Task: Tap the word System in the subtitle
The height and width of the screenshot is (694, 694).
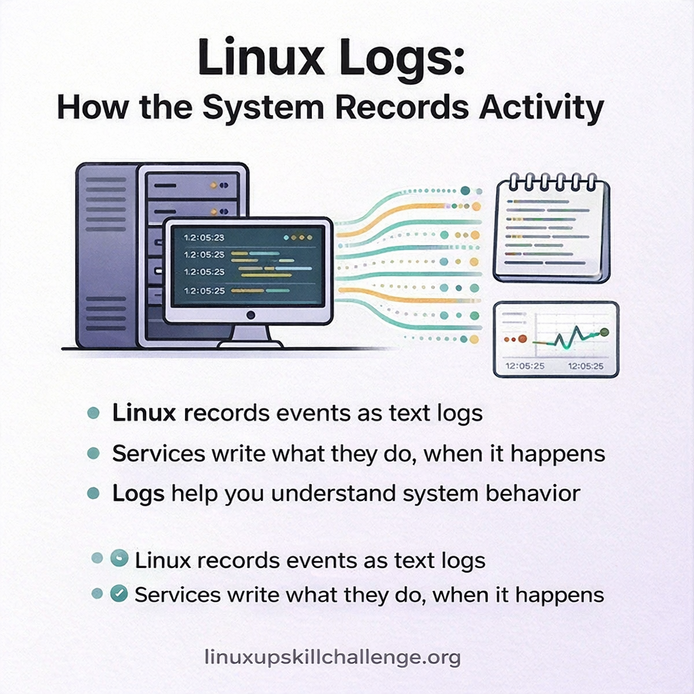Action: click(264, 108)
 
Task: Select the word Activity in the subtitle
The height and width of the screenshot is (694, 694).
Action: click(542, 108)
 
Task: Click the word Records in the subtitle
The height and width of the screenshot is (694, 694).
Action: click(402, 107)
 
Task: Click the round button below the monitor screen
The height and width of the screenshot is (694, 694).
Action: click(251, 315)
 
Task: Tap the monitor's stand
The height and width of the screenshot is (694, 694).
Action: click(250, 336)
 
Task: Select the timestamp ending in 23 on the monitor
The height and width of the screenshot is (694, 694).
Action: click(204, 238)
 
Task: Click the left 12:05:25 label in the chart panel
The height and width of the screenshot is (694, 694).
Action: click(525, 366)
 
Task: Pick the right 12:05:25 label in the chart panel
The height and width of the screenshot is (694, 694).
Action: click(586, 366)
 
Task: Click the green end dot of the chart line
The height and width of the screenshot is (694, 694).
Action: click(605, 332)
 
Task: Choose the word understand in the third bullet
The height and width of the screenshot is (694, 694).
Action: click(333, 493)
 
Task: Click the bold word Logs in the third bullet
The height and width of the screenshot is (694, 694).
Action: click(138, 494)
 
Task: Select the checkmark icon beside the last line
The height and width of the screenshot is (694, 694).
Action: click(119, 593)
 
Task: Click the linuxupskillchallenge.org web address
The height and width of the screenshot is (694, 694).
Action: click(332, 657)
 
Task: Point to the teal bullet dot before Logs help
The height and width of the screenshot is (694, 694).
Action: click(94, 493)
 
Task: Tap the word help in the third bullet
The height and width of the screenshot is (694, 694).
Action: click(195, 494)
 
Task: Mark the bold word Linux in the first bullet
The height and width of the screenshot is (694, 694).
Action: click(144, 413)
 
